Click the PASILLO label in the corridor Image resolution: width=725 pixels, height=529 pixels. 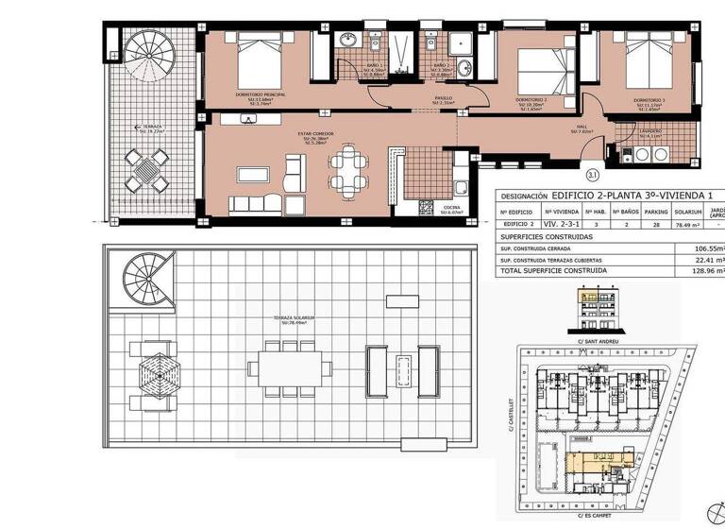443,97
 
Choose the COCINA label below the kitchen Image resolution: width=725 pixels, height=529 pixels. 451,209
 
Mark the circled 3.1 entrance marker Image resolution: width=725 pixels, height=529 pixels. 592,174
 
